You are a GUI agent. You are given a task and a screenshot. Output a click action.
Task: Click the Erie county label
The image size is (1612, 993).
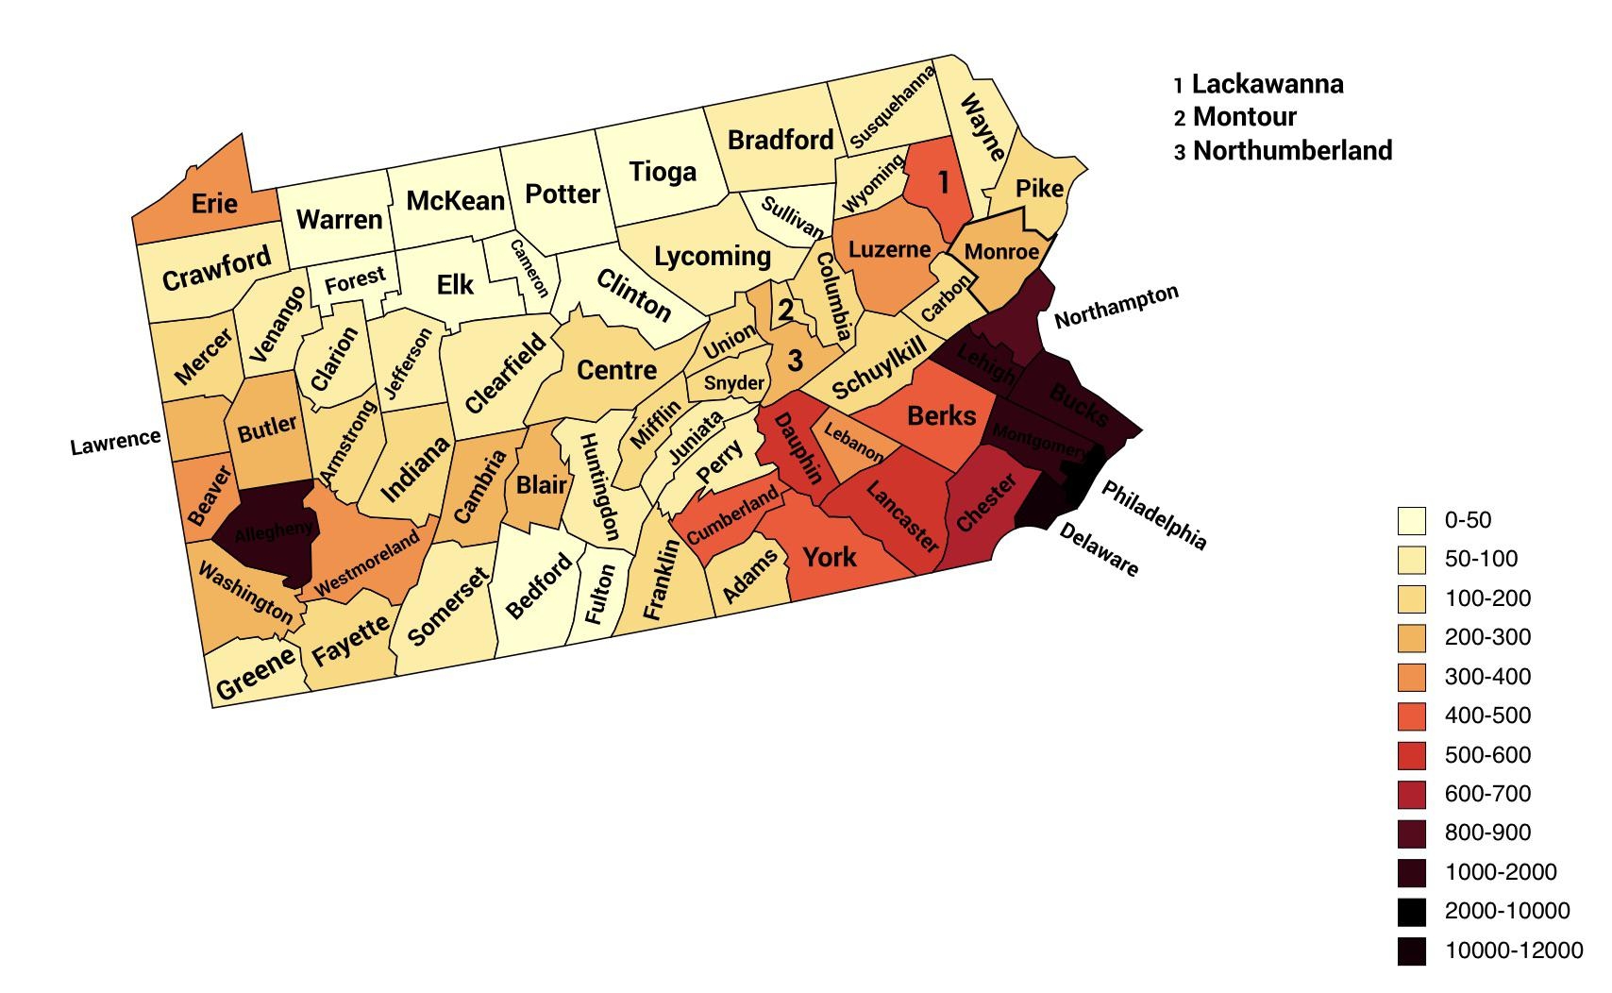pos(214,203)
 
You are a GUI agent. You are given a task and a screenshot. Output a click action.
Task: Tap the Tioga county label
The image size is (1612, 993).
pos(663,172)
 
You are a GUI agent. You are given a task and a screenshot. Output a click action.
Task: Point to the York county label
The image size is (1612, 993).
pos(830,556)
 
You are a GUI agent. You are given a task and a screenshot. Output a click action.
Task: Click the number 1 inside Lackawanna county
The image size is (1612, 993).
pos(942,179)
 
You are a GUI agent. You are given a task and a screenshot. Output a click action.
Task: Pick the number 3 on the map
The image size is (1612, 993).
pos(796,360)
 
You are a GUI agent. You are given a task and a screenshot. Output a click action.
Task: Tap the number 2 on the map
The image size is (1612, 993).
pos(785,308)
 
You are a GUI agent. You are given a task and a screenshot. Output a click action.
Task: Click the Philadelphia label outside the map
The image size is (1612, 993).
pos(1153,515)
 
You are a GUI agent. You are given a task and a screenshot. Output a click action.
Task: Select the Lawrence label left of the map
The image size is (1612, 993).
pos(116,441)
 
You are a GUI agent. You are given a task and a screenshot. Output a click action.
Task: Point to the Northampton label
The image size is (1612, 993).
pos(1117,306)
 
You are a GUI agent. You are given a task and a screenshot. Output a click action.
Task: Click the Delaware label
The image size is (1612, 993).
pos(1099,549)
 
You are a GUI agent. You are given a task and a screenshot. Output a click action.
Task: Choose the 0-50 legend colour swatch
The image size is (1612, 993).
pos(1412,520)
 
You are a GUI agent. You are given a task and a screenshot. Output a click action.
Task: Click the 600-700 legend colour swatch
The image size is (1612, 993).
pos(1412,795)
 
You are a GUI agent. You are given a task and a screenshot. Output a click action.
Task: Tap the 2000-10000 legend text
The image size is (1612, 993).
pos(1507,911)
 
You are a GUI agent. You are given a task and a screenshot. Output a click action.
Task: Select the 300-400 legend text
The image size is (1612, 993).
pos(1487,677)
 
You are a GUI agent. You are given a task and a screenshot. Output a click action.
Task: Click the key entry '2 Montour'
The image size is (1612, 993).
pos(1234,117)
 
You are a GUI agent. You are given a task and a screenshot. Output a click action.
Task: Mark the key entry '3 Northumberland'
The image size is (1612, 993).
pos(1283,151)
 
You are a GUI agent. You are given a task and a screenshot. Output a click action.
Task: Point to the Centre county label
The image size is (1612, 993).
pos(616,370)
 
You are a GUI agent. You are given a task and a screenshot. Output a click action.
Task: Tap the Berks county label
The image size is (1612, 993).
pos(941,415)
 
